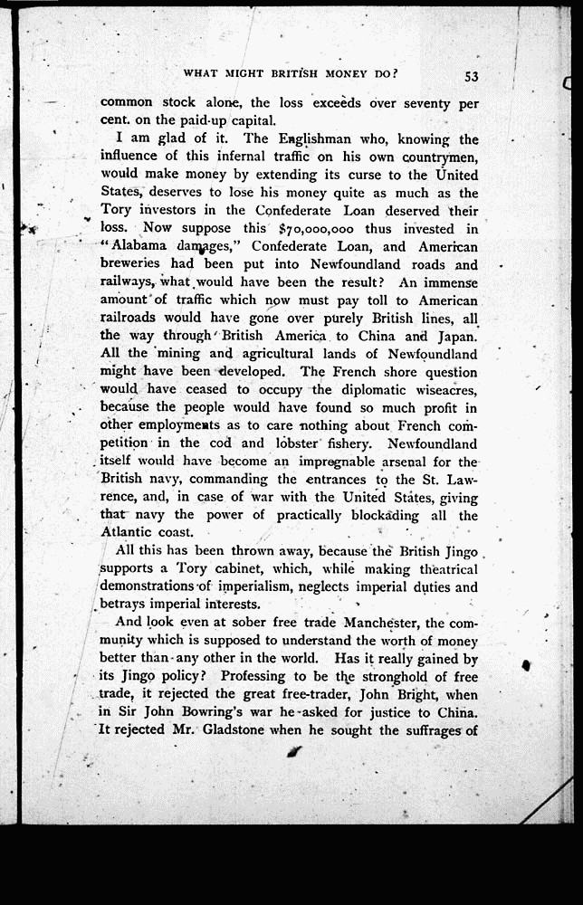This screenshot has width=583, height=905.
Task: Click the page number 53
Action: pyautogui.click(x=471, y=76)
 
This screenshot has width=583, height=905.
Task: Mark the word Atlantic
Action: pyautogui.click(x=129, y=533)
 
